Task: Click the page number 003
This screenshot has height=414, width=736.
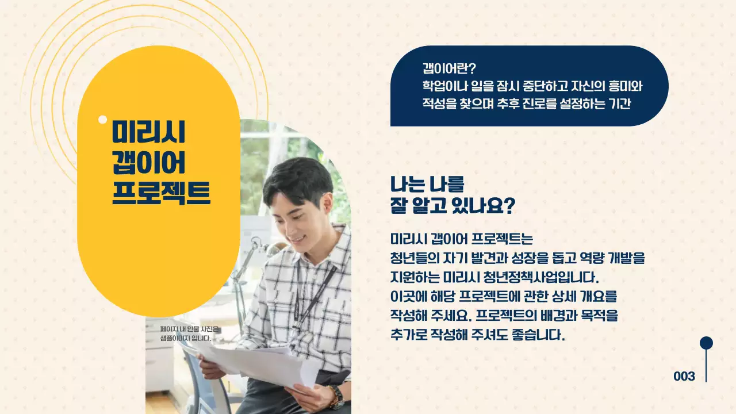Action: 684,377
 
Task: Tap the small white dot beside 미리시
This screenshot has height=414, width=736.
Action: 103,120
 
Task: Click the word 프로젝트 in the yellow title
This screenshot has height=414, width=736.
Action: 161,193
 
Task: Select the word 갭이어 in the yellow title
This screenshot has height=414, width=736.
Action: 148,163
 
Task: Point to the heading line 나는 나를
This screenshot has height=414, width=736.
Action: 427,184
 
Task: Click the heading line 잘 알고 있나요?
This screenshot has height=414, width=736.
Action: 452,206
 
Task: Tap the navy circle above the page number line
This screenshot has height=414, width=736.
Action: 706,343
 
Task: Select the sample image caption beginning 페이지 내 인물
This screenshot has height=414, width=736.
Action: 190,333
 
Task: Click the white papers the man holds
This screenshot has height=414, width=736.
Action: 259,362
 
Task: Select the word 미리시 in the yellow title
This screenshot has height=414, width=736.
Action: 148,133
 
